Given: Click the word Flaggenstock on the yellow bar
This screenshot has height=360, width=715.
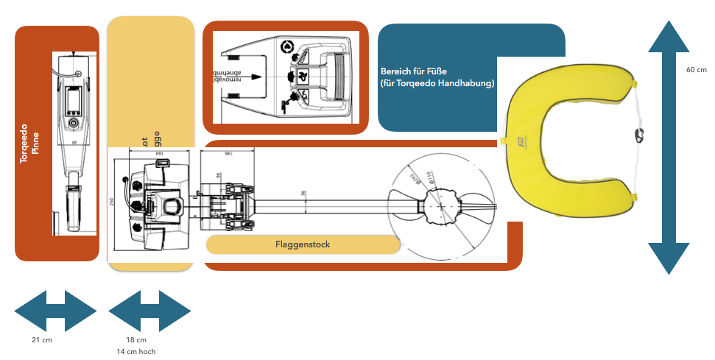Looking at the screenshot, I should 303,244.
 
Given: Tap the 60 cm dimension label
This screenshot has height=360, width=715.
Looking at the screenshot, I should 696,70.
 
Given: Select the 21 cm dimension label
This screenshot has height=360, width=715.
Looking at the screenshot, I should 42,340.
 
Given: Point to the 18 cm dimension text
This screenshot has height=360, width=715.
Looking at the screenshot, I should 136,340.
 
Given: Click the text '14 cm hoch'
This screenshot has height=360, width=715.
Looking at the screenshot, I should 136,352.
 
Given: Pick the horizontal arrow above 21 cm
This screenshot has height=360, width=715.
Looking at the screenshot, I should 55,311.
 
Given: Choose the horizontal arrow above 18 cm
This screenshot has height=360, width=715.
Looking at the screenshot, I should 149,311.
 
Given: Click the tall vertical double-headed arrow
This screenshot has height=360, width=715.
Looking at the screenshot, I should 669,147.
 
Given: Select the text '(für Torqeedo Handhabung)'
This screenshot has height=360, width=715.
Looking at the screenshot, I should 437,83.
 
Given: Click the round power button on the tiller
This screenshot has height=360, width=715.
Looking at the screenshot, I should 73,122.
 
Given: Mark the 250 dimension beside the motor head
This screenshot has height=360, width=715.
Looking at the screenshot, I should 112,202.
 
